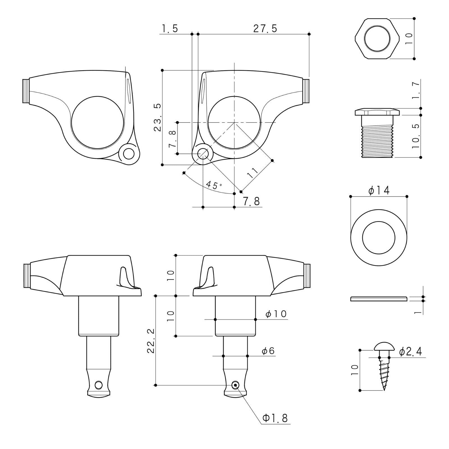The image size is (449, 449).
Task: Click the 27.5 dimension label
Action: coord(265,28)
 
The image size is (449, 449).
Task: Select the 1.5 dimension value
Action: coord(169,28)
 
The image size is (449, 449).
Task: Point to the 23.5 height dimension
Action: coord(157,117)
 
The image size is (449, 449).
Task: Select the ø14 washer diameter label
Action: coord(379,191)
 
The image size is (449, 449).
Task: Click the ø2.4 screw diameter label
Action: coord(410,351)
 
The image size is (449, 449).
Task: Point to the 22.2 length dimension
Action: coord(150,341)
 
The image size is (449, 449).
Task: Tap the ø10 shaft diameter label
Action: coord(276,313)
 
